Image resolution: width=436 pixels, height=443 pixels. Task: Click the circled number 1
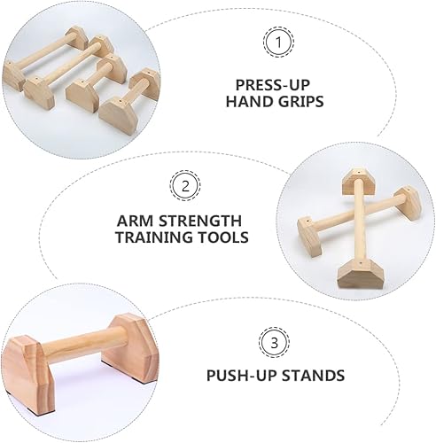(278, 42)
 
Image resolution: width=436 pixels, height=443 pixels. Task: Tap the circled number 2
(183, 185)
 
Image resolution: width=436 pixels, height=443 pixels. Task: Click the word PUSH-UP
(239, 376)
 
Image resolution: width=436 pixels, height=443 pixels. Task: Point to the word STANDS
(310, 376)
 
